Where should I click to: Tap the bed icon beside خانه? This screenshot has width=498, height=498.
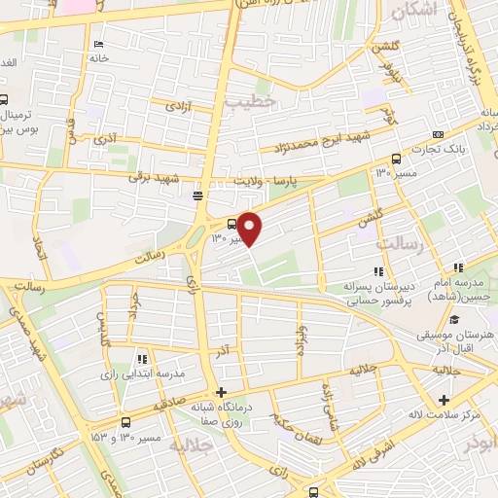[98, 45]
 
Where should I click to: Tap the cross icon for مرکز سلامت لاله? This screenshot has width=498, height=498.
[445, 400]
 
